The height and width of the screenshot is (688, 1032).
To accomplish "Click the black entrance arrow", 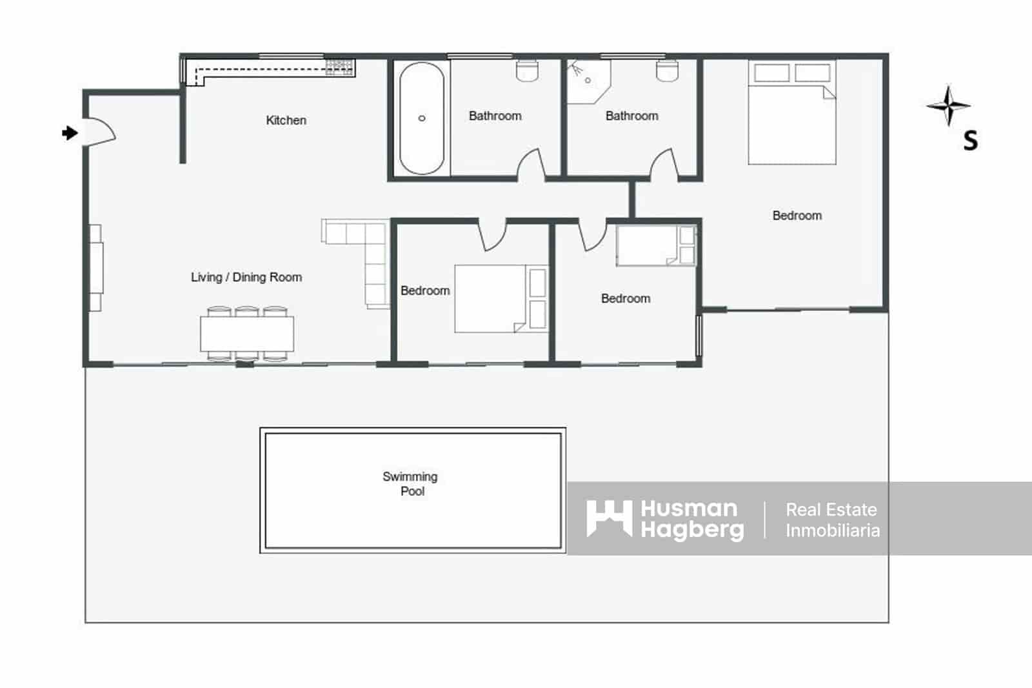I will point(69,133).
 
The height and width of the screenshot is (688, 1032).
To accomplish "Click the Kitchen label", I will point(286,120).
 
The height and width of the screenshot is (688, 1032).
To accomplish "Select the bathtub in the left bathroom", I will point(421,118).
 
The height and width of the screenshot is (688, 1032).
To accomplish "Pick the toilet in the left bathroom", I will point(528,70).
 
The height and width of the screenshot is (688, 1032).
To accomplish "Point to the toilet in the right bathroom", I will point(667,70).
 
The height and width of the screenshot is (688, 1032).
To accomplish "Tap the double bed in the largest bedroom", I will point(792,116).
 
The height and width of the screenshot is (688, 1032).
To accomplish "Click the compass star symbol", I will point(948,106).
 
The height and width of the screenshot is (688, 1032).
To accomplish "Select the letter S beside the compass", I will point(970,140).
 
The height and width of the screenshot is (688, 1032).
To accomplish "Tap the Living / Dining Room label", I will point(246,277).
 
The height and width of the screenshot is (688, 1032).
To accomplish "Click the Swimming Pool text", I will point(411,483).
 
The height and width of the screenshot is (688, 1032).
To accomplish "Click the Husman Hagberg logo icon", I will point(608,518).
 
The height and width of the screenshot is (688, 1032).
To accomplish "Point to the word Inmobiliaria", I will point(832,531).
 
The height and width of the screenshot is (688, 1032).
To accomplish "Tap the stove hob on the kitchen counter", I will point(340,66).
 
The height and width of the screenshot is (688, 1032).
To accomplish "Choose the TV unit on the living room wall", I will point(95,268).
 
